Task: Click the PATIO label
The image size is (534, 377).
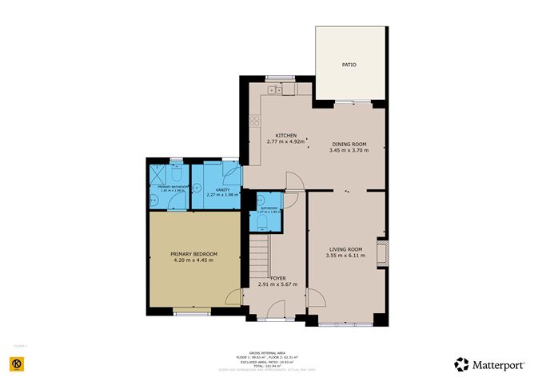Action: pyautogui.click(x=349, y=65)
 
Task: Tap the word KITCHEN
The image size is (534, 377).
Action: pyautogui.click(x=286, y=136)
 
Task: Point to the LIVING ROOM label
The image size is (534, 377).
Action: pyautogui.click(x=345, y=249)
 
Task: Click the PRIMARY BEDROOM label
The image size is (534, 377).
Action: pyautogui.click(x=193, y=253)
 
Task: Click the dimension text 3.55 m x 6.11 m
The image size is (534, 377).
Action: pyautogui.click(x=345, y=256)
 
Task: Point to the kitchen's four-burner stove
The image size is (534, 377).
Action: pyautogui.click(x=255, y=122)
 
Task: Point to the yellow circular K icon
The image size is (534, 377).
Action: pyautogui.click(x=17, y=363)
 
